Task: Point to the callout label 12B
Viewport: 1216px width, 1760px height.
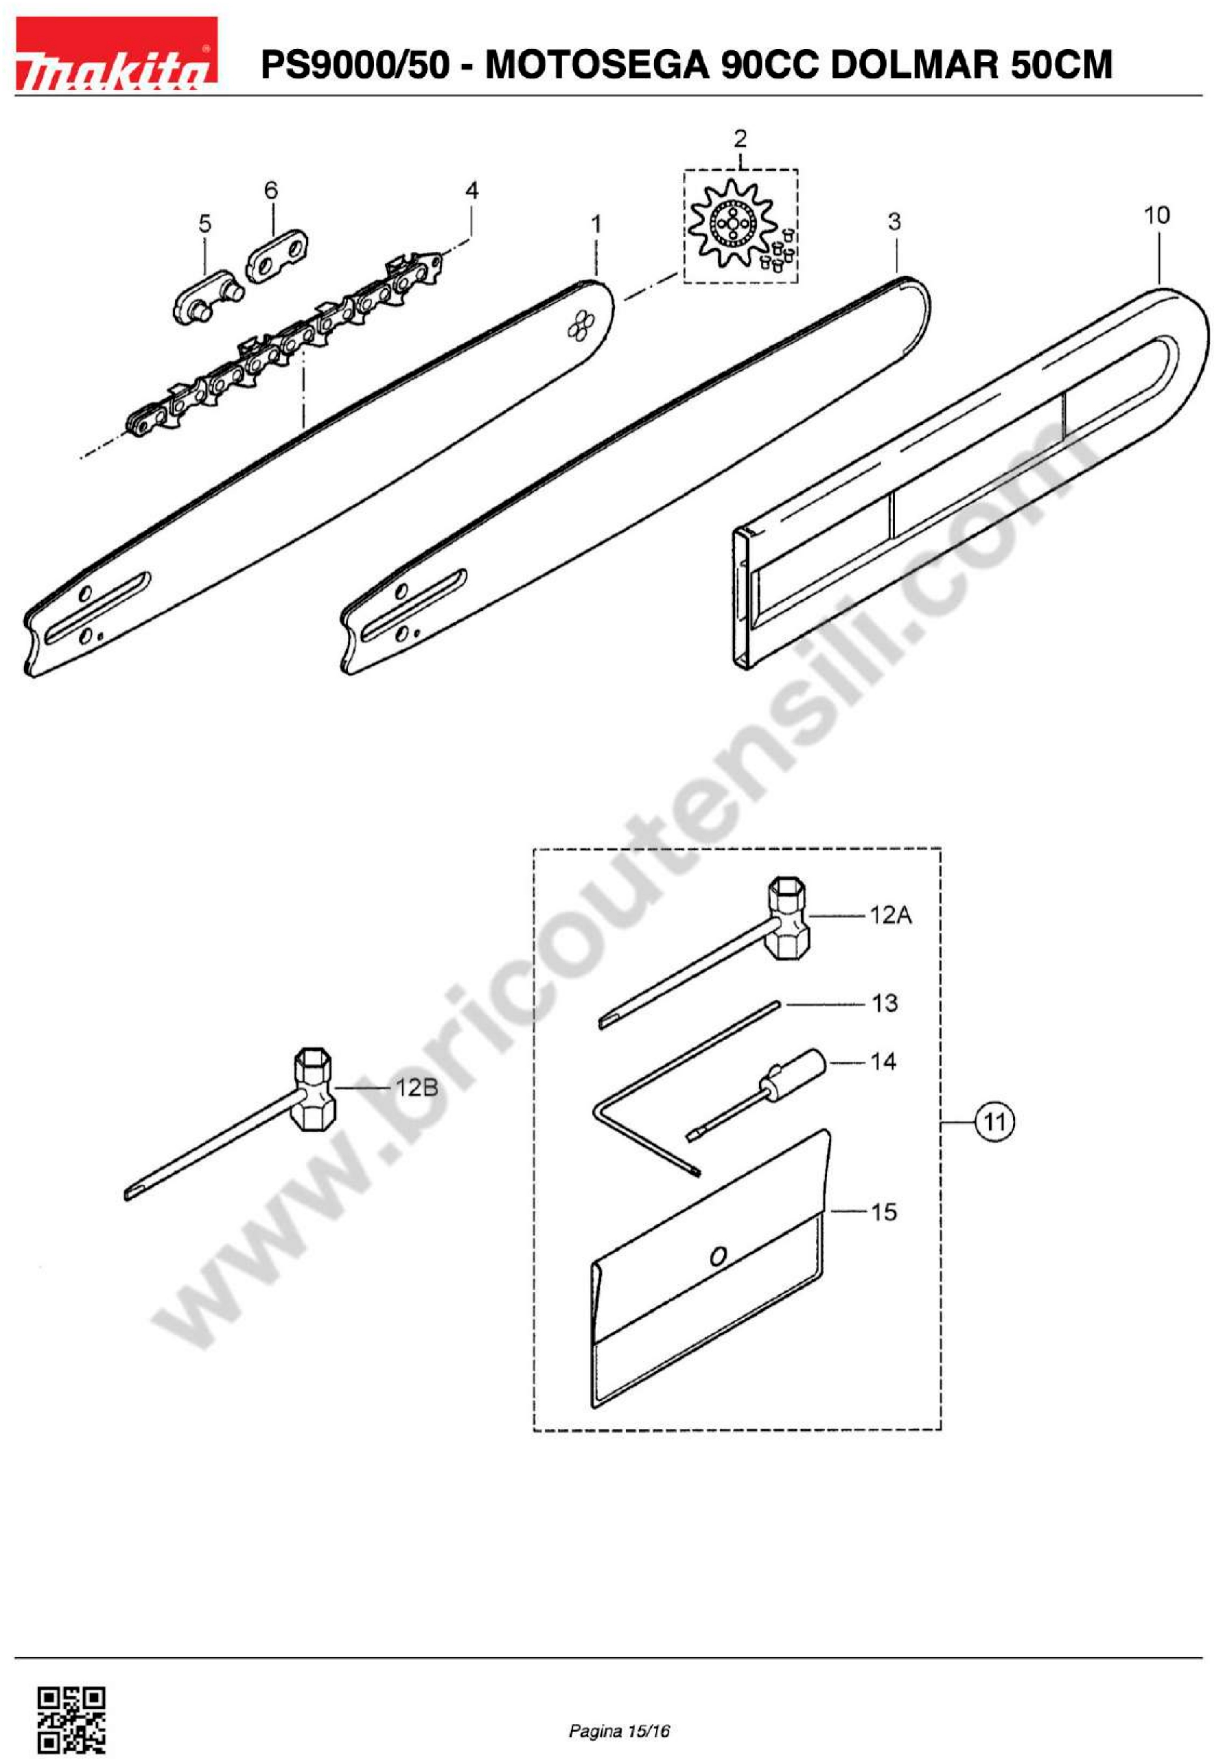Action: (x=417, y=1087)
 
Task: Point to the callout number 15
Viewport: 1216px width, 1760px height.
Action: (x=884, y=1211)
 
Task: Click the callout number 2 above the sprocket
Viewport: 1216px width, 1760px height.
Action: (x=740, y=139)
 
